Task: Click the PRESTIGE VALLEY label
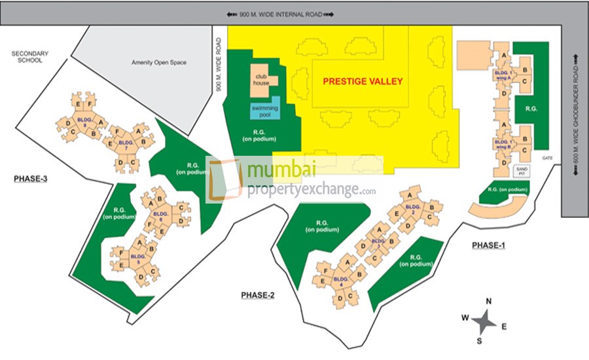pyautogui.click(x=363, y=82)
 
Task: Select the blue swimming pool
pyautogui.click(x=265, y=111)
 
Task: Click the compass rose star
pyautogui.click(x=484, y=321)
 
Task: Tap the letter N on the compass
pyautogui.click(x=488, y=301)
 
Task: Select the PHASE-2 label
pyautogui.click(x=257, y=296)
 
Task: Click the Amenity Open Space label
pyautogui.click(x=159, y=63)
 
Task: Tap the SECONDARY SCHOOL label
pyautogui.click(x=27, y=56)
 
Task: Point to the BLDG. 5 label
pyautogui.click(x=137, y=257)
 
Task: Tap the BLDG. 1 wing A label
pyautogui.click(x=503, y=74)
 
